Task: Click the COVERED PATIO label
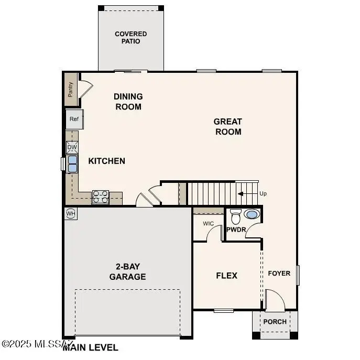(131, 38)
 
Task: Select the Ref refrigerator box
(74, 119)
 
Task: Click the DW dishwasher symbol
(72, 147)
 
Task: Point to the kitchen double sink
(72, 164)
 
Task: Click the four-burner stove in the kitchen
(100, 197)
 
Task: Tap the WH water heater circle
(70, 213)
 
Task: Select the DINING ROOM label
(128, 102)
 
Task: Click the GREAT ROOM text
(228, 126)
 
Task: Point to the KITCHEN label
(106, 161)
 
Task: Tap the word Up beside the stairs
(263, 193)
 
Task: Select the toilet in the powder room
(235, 216)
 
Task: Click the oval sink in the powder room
(252, 214)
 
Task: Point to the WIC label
(208, 224)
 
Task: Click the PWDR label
(236, 230)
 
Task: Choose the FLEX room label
(227, 276)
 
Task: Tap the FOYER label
(279, 273)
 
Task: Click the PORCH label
(275, 322)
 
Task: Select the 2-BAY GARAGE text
(127, 272)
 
